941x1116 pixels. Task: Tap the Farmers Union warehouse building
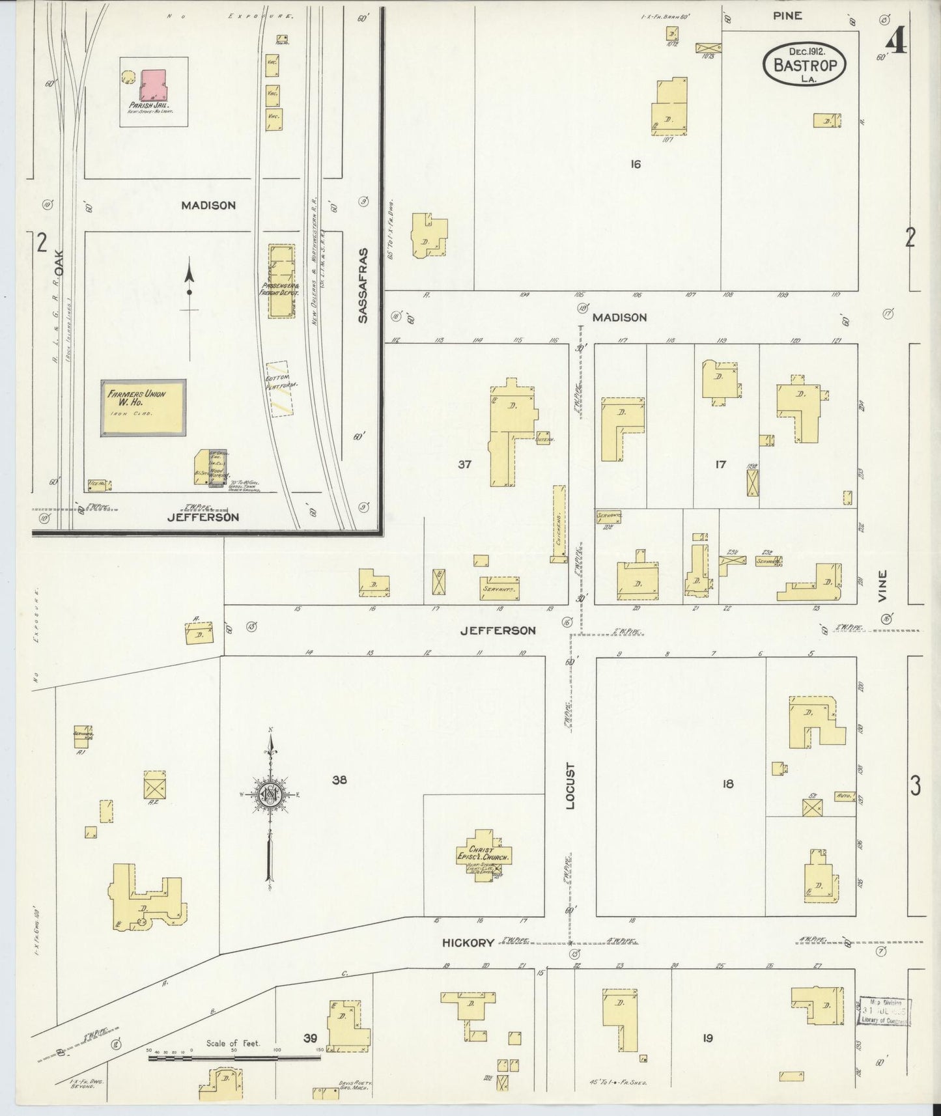coord(143,408)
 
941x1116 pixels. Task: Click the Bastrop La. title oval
coord(805,64)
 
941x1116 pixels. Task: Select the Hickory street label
coord(468,943)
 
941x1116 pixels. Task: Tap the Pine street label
coord(787,16)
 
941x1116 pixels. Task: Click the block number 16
coord(636,164)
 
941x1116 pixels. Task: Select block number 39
coord(310,1039)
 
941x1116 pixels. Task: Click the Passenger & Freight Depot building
coord(282,281)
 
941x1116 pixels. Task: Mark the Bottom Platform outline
coord(279,389)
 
